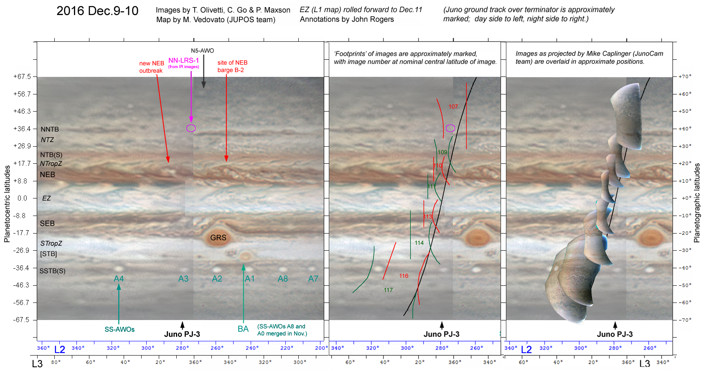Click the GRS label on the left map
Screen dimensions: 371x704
(218, 238)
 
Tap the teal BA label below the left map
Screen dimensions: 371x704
(243, 329)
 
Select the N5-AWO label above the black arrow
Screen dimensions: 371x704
(202, 51)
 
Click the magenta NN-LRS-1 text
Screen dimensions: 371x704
(183, 61)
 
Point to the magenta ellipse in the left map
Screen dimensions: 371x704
(191, 128)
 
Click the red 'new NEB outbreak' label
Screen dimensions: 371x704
(151, 67)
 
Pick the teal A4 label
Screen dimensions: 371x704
(119, 279)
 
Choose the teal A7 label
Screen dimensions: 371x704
(313, 279)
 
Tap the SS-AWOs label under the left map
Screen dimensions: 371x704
(119, 329)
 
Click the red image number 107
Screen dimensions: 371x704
(453, 107)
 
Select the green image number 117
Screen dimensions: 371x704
(388, 290)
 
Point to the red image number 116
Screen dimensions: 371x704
(404, 276)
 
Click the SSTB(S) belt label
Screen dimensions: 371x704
(52, 271)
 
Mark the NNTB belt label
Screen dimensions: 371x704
(50, 129)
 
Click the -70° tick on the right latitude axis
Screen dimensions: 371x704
(685, 320)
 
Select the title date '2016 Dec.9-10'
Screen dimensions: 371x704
(97, 11)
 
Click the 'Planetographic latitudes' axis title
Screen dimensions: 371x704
(696, 203)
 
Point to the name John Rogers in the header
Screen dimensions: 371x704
(376, 19)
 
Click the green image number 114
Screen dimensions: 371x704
(419, 243)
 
